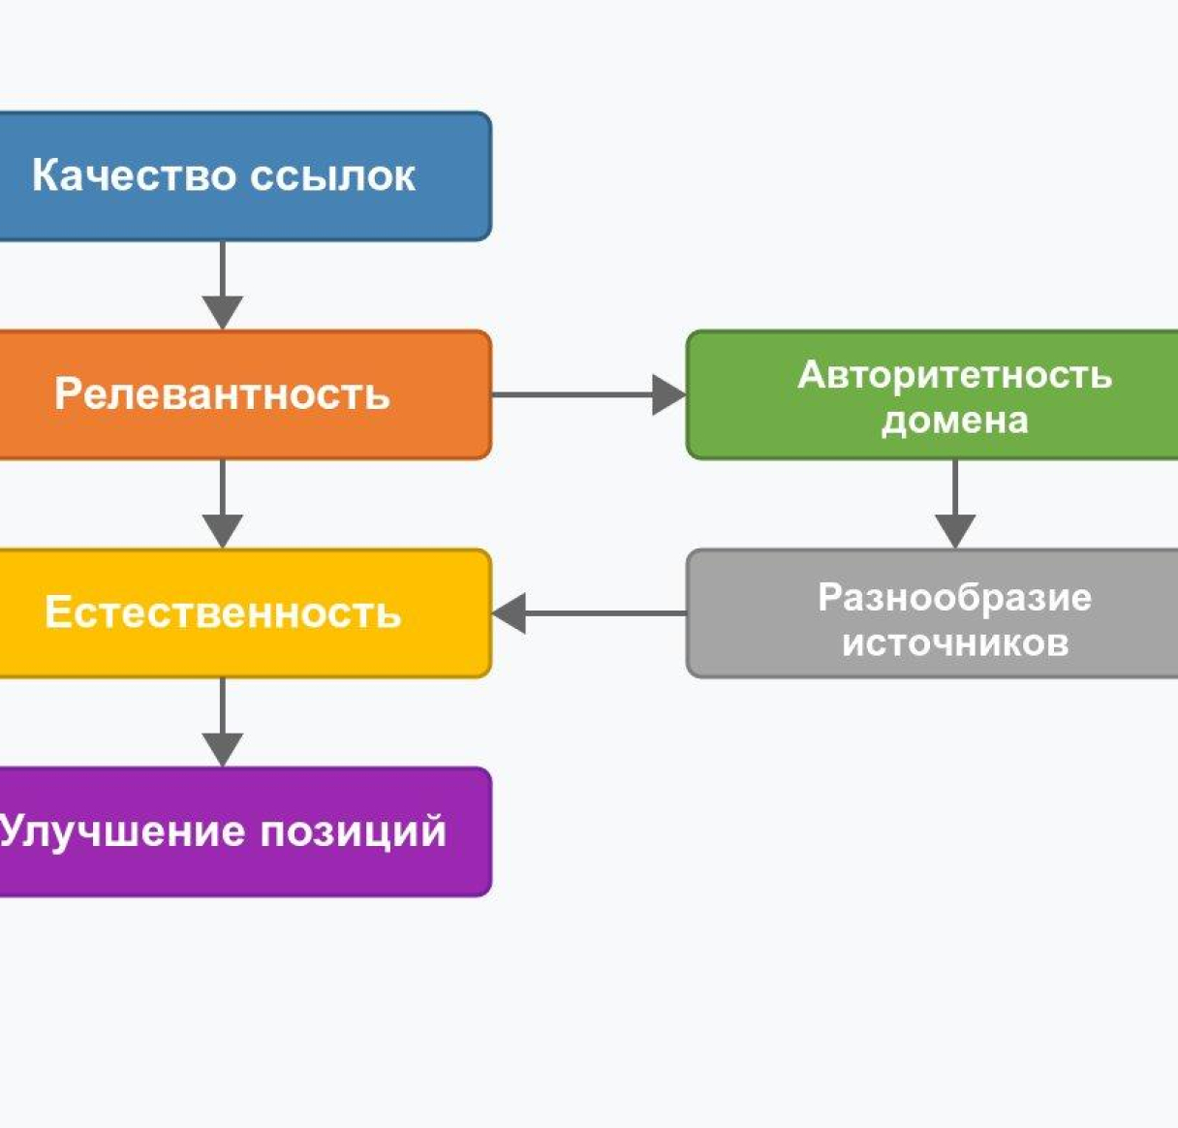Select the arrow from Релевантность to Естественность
coord(223,503)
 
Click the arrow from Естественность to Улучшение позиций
coord(223,722)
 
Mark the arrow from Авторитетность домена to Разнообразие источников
coord(955,503)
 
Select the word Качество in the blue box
coord(134,176)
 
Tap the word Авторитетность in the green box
coord(954,375)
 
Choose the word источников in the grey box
coord(954,642)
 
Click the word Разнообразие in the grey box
coord(954,597)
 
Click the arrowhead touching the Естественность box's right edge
coord(510,613)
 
